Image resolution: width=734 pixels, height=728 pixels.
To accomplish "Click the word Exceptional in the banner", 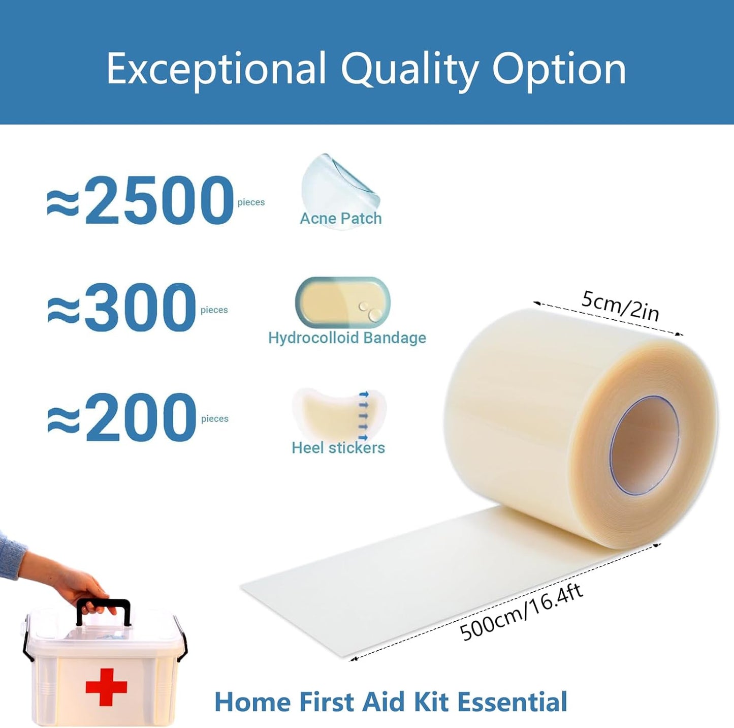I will [x=216, y=69].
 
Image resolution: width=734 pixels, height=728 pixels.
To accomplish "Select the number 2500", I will [x=158, y=200].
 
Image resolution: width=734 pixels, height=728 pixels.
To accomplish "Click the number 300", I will [x=140, y=308].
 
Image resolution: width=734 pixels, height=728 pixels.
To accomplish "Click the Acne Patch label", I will [x=340, y=219].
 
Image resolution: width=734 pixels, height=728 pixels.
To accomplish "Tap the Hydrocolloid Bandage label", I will [x=347, y=338].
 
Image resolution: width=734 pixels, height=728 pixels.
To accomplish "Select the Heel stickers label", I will [x=338, y=448].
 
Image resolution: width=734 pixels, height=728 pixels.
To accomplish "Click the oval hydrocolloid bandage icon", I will [x=342, y=302].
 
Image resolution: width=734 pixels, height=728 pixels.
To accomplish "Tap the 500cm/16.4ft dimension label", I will [x=521, y=612].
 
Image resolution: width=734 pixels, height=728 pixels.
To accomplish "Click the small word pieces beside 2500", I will [x=251, y=202].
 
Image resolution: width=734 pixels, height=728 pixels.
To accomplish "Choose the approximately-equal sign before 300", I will [x=63, y=310].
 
